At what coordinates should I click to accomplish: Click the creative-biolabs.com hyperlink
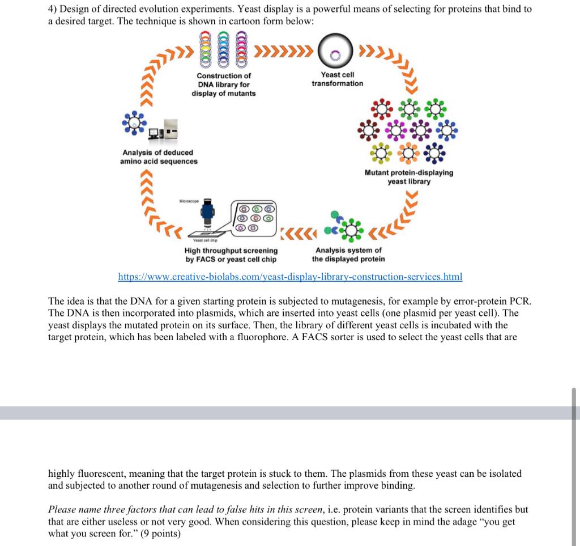290,277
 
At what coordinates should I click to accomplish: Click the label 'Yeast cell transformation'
338,79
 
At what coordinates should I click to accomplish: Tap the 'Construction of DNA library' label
223,84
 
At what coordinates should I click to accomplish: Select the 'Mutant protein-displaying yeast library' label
408,177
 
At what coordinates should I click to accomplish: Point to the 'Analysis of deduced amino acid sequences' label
159,156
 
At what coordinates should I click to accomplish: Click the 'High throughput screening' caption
231,255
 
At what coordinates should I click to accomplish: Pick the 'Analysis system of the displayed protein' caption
348,255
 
